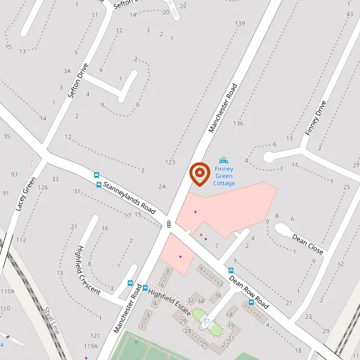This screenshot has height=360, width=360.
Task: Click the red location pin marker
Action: [x=199, y=174]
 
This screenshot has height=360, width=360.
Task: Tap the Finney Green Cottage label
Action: [x=224, y=176]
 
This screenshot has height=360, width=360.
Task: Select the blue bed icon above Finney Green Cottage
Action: [x=224, y=160]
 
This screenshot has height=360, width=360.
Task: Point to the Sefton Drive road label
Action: [x=78, y=81]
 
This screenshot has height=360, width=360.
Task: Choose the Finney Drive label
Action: [x=314, y=118]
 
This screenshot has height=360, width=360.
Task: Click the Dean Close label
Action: [x=308, y=241]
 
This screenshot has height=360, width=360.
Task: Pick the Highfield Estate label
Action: [x=169, y=303]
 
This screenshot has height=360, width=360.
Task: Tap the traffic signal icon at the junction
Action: [x=169, y=224]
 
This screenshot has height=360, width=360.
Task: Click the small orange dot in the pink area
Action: [x=201, y=235]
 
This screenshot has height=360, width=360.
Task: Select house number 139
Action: [x=240, y=23]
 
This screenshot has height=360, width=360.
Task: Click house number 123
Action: [x=170, y=162]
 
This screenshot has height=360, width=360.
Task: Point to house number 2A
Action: [x=162, y=187]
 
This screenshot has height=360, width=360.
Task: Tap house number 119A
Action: [x=91, y=346]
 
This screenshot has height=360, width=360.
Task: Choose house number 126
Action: [x=43, y=188]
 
